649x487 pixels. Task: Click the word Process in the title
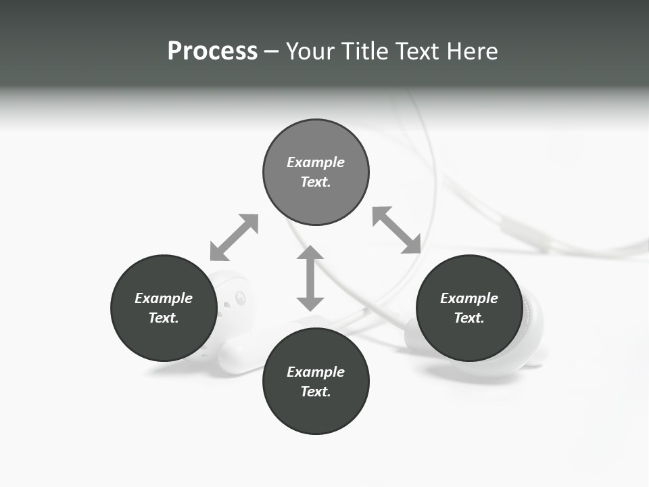click(212, 51)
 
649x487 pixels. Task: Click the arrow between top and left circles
click(234, 237)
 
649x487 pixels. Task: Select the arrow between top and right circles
click(397, 230)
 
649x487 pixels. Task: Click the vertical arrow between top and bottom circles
click(310, 279)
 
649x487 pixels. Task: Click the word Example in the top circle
click(316, 162)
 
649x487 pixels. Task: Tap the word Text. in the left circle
click(164, 318)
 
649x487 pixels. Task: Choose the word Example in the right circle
click(469, 298)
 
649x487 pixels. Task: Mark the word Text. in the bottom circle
click(316, 392)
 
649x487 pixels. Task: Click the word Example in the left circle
click(164, 298)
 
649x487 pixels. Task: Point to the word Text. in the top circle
click(316, 182)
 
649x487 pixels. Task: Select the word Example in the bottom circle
click(316, 372)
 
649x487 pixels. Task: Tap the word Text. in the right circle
click(469, 318)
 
